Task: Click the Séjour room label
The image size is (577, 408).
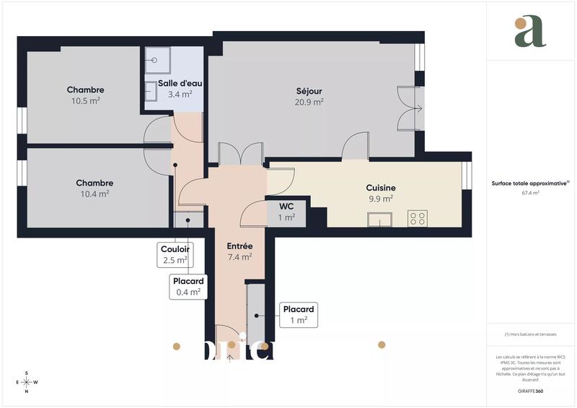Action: pyautogui.click(x=309, y=91)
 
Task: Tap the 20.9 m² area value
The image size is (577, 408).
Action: pyautogui.click(x=309, y=102)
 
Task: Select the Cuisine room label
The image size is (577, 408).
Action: pyautogui.click(x=380, y=188)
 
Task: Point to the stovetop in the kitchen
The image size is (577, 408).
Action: pyautogui.click(x=418, y=217)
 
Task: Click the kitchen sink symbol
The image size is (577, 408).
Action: pyautogui.click(x=379, y=219)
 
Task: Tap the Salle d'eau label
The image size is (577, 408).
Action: pyautogui.click(x=175, y=83)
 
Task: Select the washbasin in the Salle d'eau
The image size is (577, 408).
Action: pyautogui.click(x=151, y=91)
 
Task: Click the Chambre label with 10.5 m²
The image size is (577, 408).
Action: pyautogui.click(x=85, y=90)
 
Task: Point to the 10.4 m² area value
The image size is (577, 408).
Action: pyautogui.click(x=94, y=194)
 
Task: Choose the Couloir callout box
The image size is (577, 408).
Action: pyautogui.click(x=174, y=253)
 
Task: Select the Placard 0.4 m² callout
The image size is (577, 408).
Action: pyautogui.click(x=188, y=287)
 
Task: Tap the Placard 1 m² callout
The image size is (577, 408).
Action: pyautogui.click(x=299, y=314)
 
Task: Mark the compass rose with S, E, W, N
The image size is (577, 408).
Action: pyautogui.click(x=27, y=382)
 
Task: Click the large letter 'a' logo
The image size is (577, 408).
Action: pyautogui.click(x=530, y=32)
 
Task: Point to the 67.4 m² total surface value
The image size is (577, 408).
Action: pyautogui.click(x=530, y=193)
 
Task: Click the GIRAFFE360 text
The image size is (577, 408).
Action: pyautogui.click(x=530, y=390)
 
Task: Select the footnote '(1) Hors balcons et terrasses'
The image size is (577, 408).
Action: pyautogui.click(x=530, y=334)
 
